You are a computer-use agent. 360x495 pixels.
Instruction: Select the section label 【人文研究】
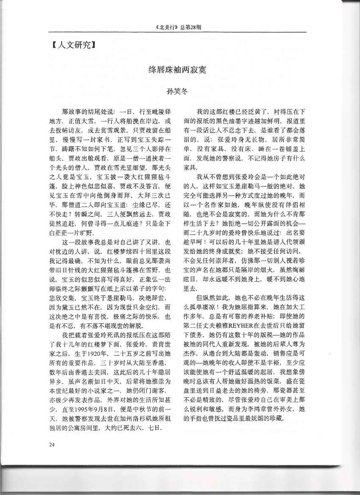click(68, 44)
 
